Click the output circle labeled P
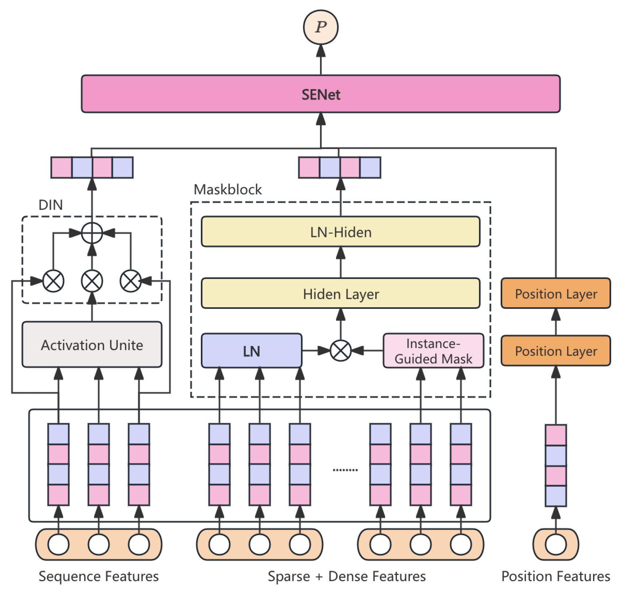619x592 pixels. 321,27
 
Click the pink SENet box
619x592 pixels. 321,94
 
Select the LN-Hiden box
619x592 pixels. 340,232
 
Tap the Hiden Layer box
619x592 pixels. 340,294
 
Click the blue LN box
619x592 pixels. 251,351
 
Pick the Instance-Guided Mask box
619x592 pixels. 433,351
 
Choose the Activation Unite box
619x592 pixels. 92,345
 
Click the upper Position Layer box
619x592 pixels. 556,294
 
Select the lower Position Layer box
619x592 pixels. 556,351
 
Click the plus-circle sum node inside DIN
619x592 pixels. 92,233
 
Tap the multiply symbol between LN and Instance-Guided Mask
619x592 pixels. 340,351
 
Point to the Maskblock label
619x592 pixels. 228,190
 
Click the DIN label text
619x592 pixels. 51,205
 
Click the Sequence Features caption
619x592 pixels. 98,576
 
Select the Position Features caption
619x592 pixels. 556,576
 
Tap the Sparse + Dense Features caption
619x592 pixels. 347,576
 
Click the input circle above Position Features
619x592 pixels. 556,545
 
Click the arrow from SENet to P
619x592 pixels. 321,60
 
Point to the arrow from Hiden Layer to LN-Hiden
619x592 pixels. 340,262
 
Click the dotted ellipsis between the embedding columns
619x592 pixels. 345,470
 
